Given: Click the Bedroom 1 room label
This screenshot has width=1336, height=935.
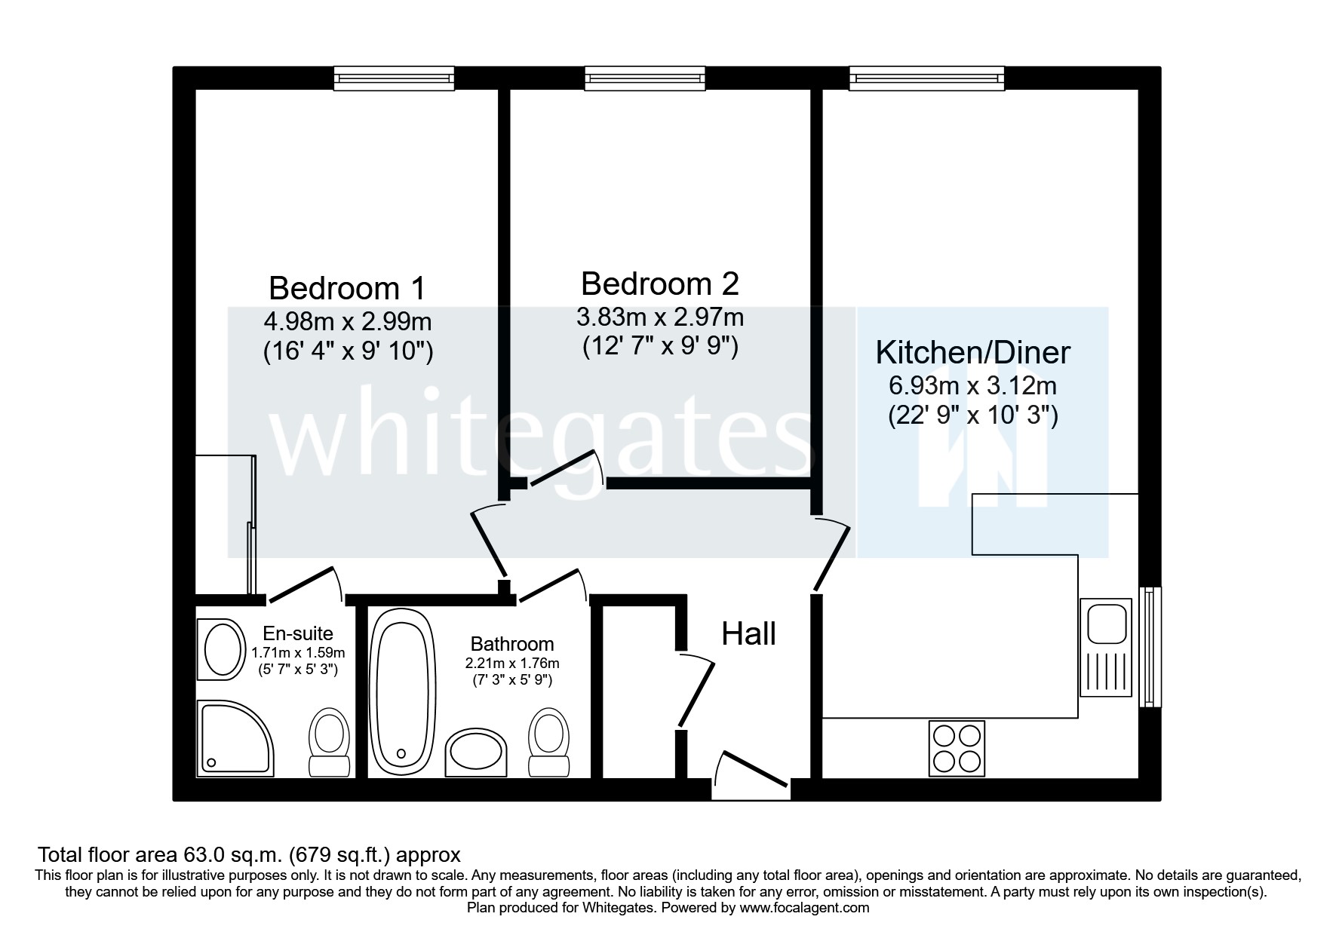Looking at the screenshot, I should point(346,289).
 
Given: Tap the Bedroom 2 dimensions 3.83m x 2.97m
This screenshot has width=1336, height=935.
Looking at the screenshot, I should point(659,317).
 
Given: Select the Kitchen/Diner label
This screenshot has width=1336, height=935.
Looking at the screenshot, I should point(972,353).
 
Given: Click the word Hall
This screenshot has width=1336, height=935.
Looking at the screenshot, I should point(748,635).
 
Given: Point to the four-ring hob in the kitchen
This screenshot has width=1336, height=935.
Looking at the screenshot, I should point(957,749).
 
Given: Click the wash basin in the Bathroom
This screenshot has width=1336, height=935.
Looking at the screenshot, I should point(476,751).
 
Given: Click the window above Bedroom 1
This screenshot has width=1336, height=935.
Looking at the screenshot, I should point(395,78).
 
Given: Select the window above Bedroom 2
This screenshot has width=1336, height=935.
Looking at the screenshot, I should point(645,78).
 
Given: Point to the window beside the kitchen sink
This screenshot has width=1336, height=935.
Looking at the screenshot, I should point(1150,647).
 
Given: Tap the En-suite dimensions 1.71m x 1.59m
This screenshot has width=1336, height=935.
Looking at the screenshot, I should point(297,653).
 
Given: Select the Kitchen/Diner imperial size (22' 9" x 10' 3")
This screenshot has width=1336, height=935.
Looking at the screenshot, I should point(972,415).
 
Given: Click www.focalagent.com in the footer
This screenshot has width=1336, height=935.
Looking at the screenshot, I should point(804,908).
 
